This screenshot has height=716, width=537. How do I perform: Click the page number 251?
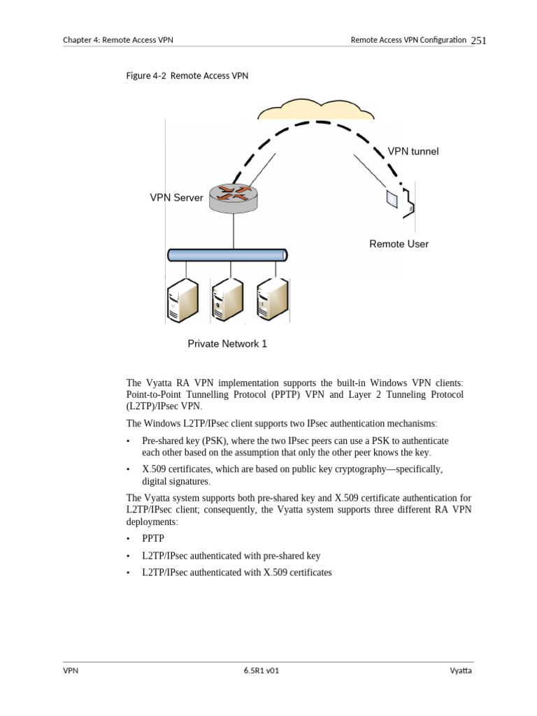478,41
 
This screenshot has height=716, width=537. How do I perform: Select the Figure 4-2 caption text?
188,76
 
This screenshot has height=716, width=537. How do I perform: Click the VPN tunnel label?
413,151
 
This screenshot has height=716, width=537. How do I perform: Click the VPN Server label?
176,198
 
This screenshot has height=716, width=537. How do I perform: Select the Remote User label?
399,244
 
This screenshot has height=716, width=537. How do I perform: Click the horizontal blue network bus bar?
227,255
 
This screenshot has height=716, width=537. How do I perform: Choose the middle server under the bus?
227,301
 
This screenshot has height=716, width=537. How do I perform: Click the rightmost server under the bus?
271,301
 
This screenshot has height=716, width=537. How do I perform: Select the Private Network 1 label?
227,344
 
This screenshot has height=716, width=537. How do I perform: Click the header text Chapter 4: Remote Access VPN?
118,41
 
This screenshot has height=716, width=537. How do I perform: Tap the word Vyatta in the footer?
461,671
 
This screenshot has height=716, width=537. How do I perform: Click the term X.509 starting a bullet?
155,468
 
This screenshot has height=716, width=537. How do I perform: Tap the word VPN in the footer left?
71,671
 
